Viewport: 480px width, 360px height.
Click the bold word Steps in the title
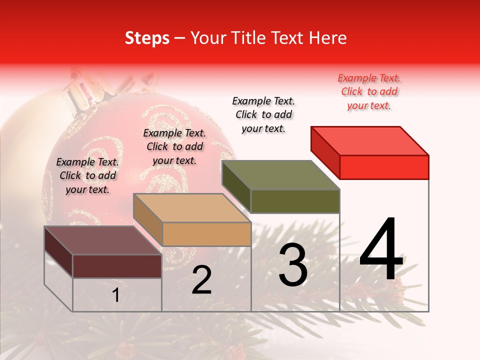point(147,38)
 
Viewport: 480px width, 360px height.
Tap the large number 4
point(381,249)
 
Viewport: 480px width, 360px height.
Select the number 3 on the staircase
point(292,265)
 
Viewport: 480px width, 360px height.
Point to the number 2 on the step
point(201,280)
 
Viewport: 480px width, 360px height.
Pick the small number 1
point(115,295)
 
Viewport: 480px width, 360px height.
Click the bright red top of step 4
point(370,140)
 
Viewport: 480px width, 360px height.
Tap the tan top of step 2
point(192,208)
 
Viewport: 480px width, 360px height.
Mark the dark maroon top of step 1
point(103,240)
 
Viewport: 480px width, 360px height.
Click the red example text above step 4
point(369,92)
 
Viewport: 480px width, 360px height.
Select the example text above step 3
point(263,114)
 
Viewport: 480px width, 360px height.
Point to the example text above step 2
point(174,147)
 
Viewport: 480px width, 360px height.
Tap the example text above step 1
point(87,176)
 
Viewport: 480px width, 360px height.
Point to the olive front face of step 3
point(295,201)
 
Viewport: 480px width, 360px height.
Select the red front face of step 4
point(384,167)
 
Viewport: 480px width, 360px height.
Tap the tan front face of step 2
point(206,234)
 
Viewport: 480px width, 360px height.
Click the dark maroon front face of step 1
point(117,266)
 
